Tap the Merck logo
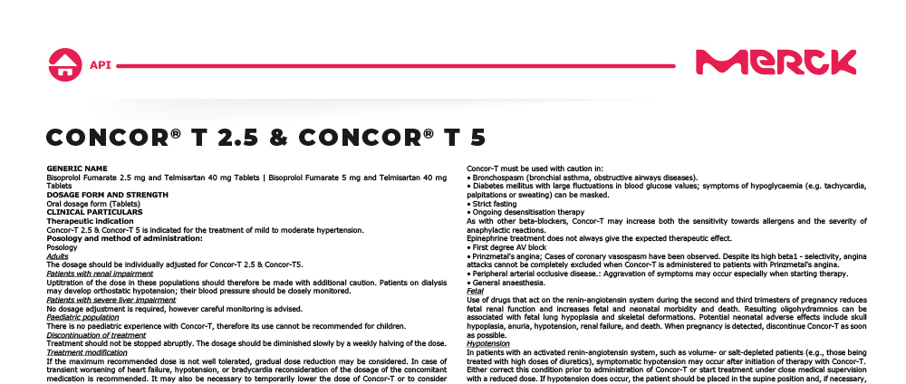[x=775, y=62]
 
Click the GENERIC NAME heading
[x=76, y=168]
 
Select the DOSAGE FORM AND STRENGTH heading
[x=107, y=195]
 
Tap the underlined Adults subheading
[x=57, y=256]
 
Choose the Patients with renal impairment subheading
[x=100, y=274]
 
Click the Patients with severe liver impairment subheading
[x=111, y=300]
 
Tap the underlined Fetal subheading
[x=475, y=291]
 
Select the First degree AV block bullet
[x=509, y=247]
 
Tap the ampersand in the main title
[x=278, y=138]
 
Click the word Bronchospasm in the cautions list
[x=502, y=178]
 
